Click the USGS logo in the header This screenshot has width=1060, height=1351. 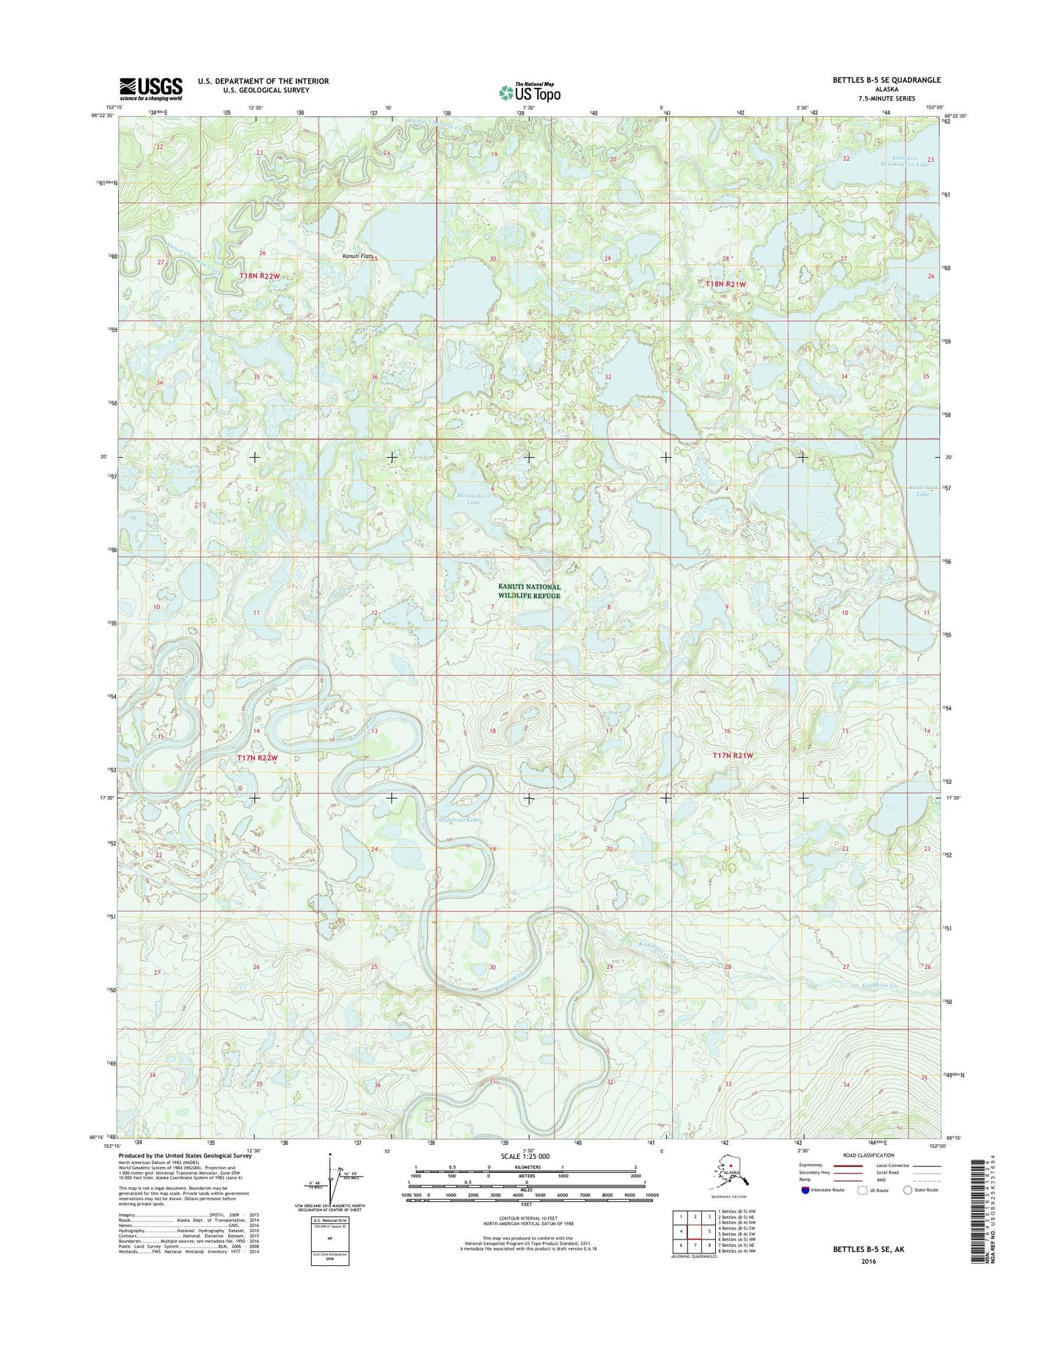[x=151, y=89]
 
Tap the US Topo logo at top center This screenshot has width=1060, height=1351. [x=530, y=92]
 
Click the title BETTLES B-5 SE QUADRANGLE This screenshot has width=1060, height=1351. [x=886, y=80]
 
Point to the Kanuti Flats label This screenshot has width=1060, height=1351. [x=359, y=256]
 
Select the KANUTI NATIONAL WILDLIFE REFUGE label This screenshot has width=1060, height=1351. [x=529, y=591]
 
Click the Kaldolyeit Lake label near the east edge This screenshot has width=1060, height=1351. [x=918, y=490]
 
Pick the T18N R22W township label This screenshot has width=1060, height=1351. [x=260, y=276]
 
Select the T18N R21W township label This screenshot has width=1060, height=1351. [x=725, y=284]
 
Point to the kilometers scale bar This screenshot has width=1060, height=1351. [x=525, y=1170]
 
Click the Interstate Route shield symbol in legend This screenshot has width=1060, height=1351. [x=805, y=1190]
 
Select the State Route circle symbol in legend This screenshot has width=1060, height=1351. [x=907, y=1190]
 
